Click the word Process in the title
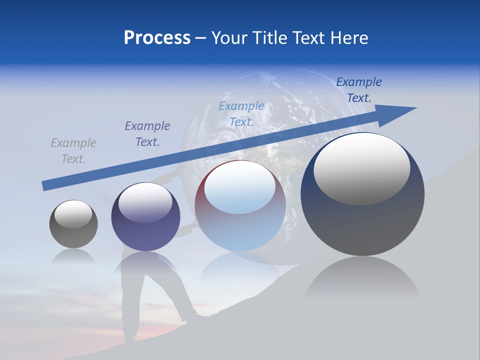point(157,37)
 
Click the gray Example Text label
point(73,151)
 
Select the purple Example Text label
point(147,134)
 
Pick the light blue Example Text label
point(241,114)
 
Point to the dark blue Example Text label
point(359,90)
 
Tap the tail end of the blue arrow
point(46,185)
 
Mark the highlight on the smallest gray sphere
point(73,214)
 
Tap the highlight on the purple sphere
point(145,203)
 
